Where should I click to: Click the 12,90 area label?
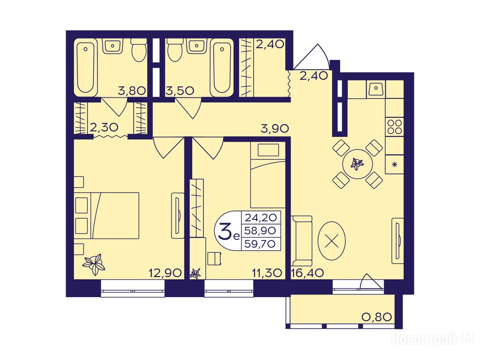[x=165, y=272]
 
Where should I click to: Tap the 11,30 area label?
[x=266, y=272]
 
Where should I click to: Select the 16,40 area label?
[x=307, y=272]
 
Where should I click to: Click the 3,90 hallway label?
[x=275, y=128]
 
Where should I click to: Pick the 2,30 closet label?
[x=104, y=127]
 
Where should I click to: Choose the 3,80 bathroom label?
[x=132, y=91]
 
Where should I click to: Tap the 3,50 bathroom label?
[x=180, y=91]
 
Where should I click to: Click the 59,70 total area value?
[x=261, y=244]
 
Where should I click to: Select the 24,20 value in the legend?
[x=261, y=217]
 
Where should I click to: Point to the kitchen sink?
[x=375, y=90]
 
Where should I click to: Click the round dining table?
[x=358, y=164]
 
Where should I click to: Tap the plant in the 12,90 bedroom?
[x=94, y=264]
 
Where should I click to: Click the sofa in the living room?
[x=301, y=240]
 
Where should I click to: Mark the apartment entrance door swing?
[x=312, y=57]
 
